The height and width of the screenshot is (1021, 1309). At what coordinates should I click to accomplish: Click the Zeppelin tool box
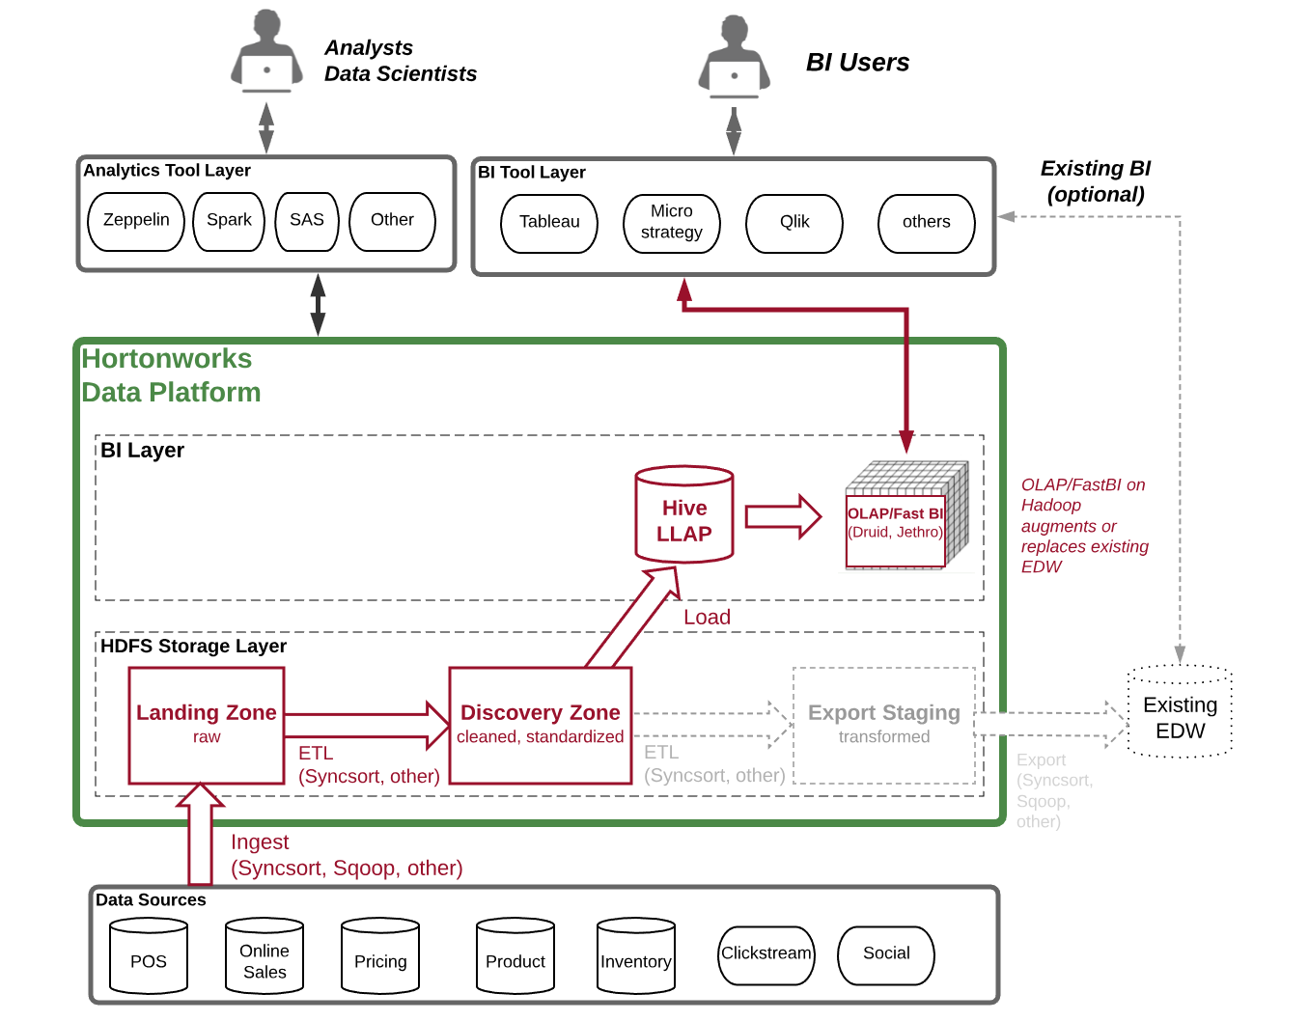click(136, 221)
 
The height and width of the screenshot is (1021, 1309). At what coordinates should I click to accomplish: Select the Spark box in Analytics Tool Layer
click(229, 221)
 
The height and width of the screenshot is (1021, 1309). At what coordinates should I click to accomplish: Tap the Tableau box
click(549, 223)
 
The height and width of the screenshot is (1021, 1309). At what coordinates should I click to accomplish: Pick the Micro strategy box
click(672, 223)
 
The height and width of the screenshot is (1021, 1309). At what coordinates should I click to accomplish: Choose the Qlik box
click(794, 223)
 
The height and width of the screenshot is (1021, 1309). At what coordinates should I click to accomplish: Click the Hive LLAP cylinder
click(684, 516)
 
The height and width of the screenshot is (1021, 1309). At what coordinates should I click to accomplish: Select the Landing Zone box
click(207, 725)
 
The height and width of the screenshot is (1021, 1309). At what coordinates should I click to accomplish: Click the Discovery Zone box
click(541, 725)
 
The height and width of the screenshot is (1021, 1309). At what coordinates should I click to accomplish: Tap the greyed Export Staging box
click(884, 725)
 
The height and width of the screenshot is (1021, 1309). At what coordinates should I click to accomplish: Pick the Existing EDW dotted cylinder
click(1180, 713)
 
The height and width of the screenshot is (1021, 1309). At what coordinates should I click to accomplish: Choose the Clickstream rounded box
click(766, 954)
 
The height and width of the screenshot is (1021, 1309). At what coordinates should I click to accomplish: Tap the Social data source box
click(886, 954)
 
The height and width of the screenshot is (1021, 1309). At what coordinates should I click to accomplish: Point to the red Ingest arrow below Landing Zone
click(201, 836)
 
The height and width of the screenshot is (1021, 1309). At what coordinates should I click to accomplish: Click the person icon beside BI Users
click(735, 60)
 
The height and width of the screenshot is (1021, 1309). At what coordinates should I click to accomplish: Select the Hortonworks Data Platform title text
click(170, 375)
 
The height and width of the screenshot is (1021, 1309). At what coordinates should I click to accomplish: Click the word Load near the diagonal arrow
click(707, 618)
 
